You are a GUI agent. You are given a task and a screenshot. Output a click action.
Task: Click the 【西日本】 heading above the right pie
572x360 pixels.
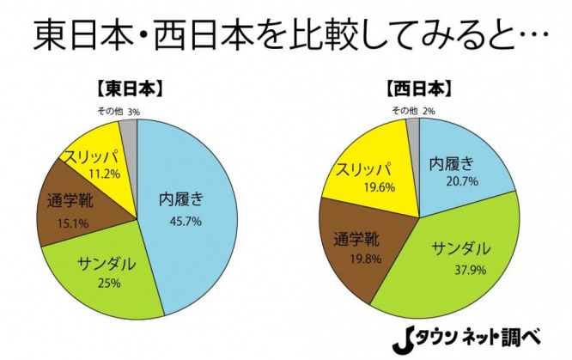coord(416,88)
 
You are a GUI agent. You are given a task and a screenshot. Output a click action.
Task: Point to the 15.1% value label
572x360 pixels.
coord(61,224)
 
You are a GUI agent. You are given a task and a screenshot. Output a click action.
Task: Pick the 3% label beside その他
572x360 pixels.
coord(133,112)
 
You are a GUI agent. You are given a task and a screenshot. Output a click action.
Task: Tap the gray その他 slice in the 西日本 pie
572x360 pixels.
coord(414,129)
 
